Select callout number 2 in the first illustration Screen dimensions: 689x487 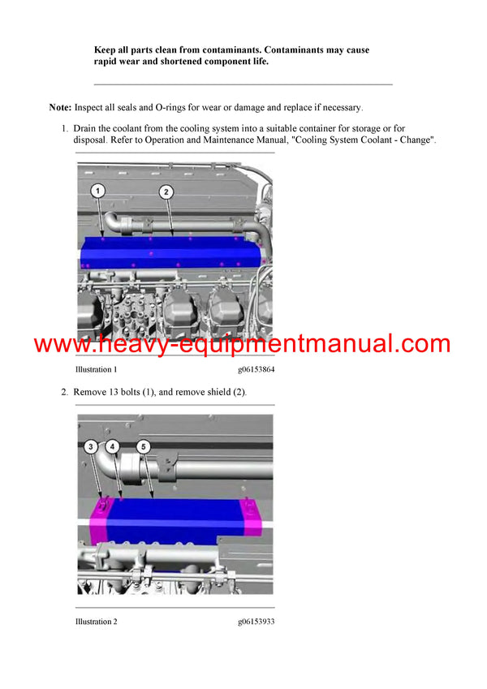click(166, 192)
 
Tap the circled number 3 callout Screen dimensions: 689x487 click(91, 446)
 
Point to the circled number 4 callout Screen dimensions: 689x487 click(113, 446)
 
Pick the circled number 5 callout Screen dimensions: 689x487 click(143, 446)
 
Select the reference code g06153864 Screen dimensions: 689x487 click(256, 369)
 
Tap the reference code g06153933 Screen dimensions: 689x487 click(256, 622)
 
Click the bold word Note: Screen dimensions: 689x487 click(60, 107)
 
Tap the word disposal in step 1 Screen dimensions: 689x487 click(92, 140)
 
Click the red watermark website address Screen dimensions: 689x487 click(242, 343)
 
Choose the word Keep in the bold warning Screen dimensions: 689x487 click(106, 50)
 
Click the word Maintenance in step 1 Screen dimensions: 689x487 click(240, 140)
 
